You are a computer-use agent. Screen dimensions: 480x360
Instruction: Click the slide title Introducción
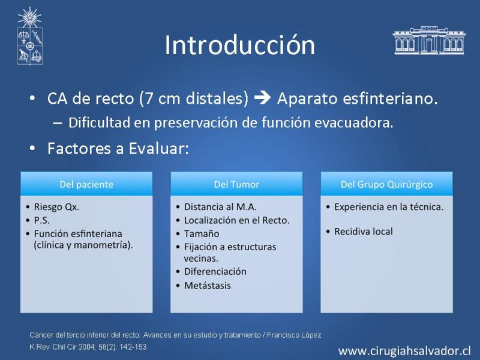(x=239, y=45)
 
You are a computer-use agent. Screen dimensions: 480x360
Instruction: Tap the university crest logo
(x=29, y=36)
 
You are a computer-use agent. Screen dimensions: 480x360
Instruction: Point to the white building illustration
(x=429, y=40)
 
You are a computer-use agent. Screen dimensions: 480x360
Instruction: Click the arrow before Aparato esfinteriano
(x=263, y=98)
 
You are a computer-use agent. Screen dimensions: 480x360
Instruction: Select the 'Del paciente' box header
(x=86, y=184)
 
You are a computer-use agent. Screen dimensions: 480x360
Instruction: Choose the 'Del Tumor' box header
(x=236, y=184)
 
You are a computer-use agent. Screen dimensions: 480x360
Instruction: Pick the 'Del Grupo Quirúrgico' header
(x=386, y=184)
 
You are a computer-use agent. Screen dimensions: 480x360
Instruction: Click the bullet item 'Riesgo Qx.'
(x=56, y=207)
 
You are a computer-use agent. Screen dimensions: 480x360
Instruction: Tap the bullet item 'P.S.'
(x=41, y=220)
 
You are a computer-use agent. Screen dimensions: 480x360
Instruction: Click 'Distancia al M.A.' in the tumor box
(x=220, y=207)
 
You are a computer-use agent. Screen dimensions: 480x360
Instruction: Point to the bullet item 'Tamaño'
(x=202, y=233)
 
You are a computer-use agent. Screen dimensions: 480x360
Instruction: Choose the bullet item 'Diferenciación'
(x=215, y=272)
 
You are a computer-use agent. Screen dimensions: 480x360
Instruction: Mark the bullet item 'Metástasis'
(x=207, y=286)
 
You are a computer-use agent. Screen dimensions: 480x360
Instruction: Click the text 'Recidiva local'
(x=364, y=232)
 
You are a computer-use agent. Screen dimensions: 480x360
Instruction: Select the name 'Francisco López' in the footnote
(x=294, y=335)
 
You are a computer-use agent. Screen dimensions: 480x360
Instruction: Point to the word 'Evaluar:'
(x=159, y=148)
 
